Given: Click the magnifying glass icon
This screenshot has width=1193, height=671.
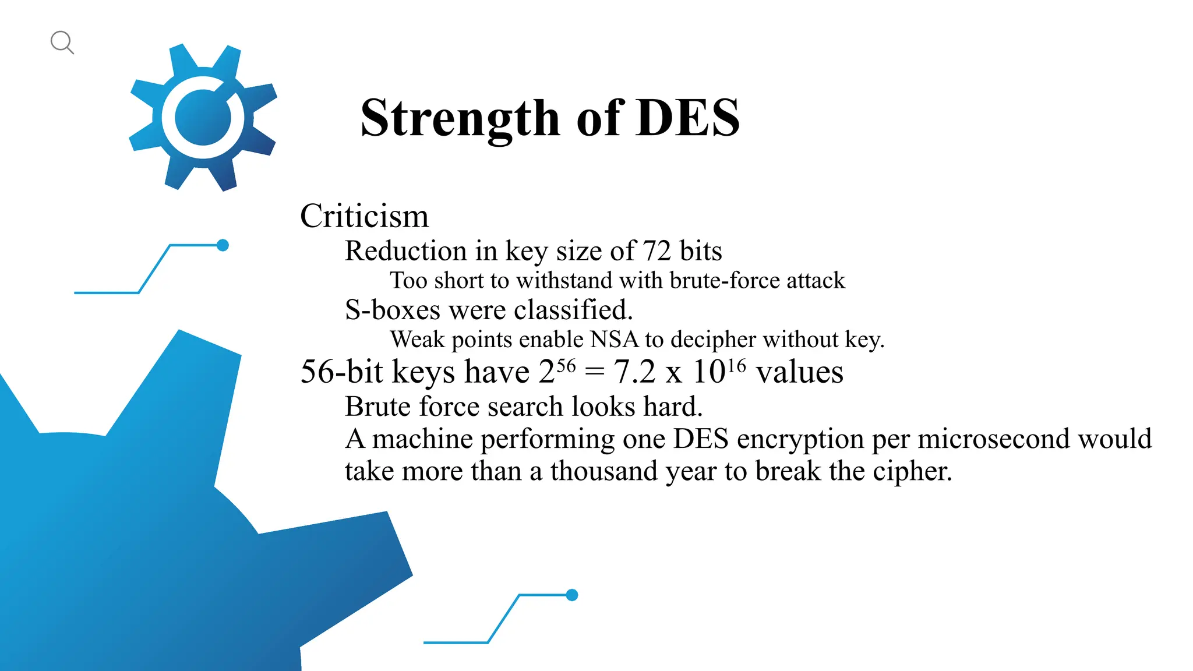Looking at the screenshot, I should click(62, 43).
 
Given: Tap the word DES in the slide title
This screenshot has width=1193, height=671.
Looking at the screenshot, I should click(688, 118).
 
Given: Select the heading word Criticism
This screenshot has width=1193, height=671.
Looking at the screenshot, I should click(364, 216).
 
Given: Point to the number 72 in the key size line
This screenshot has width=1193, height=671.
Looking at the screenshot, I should click(656, 251).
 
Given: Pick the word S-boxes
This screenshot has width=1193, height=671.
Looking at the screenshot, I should click(392, 310).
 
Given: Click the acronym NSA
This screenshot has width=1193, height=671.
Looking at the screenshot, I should click(614, 340).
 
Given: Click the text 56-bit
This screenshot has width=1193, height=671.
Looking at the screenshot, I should click(341, 372).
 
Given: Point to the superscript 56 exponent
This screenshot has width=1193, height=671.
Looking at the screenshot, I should click(566, 366).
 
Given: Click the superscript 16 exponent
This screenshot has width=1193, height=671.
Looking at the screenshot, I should click(736, 366).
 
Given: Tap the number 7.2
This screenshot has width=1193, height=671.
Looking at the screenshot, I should click(634, 372).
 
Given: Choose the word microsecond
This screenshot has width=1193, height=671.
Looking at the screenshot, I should click(994, 439).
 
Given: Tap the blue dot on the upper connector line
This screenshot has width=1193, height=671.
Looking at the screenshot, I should click(223, 245).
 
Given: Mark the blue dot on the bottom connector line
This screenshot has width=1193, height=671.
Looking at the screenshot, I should click(572, 595).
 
